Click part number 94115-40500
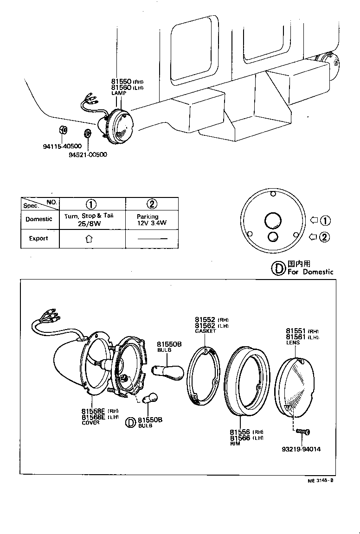pos(62,146)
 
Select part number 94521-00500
pos(88,154)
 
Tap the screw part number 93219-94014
pos(301,449)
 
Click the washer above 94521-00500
pos(87,134)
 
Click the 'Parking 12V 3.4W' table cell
pos(151,219)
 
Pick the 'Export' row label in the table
pos(39,238)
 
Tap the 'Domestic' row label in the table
pos(39,219)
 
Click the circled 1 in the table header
pos(91,204)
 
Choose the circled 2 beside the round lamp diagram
pos(325,237)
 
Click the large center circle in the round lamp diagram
pos(272,220)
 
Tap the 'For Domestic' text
pos(310,272)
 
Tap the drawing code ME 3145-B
pos(320,480)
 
